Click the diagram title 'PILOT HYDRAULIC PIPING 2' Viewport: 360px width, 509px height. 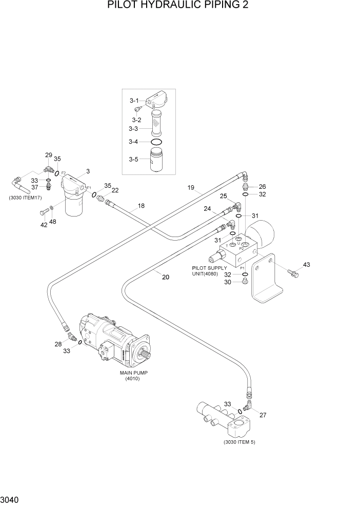[179, 6]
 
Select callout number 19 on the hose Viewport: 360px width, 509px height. [191, 188]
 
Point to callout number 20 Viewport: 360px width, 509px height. [165, 277]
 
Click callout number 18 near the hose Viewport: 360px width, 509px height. [141, 206]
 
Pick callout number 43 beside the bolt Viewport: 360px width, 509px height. [307, 265]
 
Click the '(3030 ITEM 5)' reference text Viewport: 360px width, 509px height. [239, 442]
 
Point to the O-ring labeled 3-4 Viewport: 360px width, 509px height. [157, 142]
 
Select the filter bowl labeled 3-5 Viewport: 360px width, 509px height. [156, 160]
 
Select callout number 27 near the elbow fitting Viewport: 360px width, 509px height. [264, 415]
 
